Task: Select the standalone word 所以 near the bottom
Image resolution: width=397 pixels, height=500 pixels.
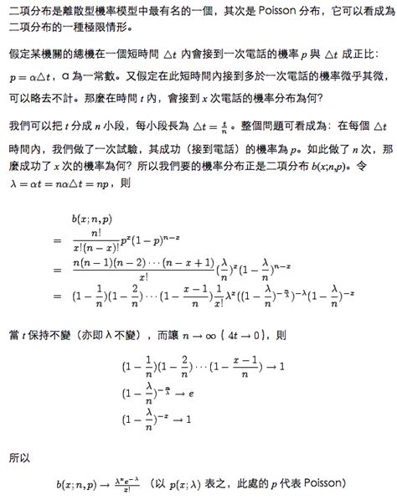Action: (19, 458)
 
